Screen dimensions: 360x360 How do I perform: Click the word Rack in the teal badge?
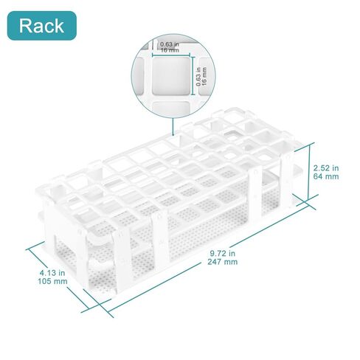41,26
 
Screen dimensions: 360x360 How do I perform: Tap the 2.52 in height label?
326,168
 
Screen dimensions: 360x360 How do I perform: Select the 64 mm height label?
326,176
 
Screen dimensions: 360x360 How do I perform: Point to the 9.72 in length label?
222,253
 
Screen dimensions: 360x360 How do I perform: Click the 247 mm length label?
223,262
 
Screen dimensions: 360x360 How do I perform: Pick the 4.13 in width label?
52,273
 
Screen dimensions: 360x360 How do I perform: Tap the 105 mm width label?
52,281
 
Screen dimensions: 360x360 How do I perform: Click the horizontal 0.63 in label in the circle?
170,44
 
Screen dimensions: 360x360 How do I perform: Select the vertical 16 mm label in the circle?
204,77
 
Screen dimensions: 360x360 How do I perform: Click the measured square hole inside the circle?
171,76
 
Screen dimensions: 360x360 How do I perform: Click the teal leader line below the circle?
173,126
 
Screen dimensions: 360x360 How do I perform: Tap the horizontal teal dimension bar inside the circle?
171,55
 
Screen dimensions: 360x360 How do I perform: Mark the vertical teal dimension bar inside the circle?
193,76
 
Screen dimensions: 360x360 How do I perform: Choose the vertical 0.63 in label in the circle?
198,77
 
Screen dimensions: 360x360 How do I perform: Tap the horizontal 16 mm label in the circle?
170,50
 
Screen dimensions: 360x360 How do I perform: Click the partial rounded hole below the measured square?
171,108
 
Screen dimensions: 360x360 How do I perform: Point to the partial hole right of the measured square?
206,76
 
